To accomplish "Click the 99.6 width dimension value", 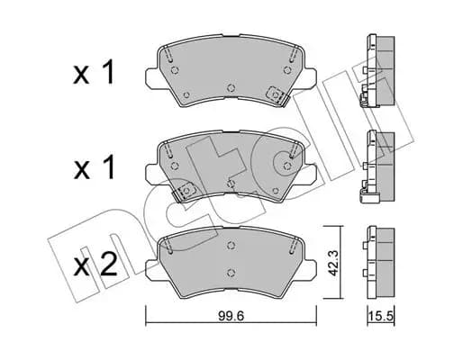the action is (231, 316).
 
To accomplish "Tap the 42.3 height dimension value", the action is (333, 263).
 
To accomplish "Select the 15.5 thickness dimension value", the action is (381, 316).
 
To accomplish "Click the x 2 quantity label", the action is (95, 265).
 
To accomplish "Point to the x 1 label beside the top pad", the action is (94, 72).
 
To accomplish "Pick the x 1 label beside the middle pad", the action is (94, 167).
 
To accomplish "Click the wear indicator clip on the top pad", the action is (277, 96).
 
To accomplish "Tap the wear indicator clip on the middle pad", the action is (184, 192).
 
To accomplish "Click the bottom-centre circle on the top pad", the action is (231, 88).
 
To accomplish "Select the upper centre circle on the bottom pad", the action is (231, 246).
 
